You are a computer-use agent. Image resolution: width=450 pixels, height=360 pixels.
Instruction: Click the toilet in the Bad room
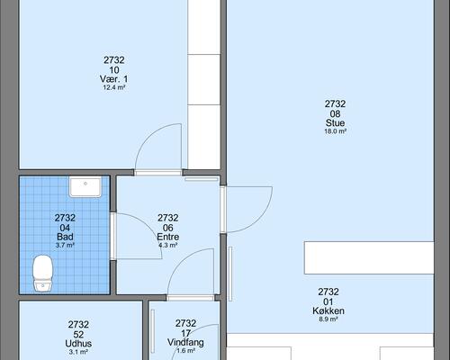point(42,274)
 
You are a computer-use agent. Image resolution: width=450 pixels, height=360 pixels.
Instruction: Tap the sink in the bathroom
point(85,186)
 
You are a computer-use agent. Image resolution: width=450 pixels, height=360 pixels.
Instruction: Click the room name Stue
point(335,122)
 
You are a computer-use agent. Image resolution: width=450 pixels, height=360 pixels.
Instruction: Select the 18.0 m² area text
point(336,131)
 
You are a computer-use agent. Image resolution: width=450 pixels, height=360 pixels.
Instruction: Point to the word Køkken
point(328,310)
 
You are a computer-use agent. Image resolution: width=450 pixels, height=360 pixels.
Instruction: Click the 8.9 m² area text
point(328,319)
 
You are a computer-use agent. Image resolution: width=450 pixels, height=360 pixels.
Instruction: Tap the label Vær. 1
point(113,79)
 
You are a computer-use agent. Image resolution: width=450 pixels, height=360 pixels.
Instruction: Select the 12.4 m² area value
point(114,87)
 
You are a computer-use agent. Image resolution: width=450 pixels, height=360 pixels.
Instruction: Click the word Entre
point(168,237)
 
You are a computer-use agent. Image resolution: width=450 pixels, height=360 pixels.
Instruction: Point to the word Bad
point(65,237)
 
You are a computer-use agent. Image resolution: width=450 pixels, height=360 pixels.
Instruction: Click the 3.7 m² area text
point(65,245)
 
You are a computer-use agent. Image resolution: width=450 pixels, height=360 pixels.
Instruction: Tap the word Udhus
point(78,344)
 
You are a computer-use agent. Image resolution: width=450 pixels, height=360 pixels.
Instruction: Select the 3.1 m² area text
point(78,352)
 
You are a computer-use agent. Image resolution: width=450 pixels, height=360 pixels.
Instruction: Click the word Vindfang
point(185,342)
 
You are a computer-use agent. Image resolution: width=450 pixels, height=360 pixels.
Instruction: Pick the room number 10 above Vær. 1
point(114,70)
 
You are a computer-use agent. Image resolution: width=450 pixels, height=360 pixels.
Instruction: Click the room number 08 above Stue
point(335,114)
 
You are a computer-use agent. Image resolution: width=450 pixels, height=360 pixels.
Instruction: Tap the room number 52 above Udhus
point(78,335)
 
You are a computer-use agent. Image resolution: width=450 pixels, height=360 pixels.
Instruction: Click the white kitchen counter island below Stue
point(369,257)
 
